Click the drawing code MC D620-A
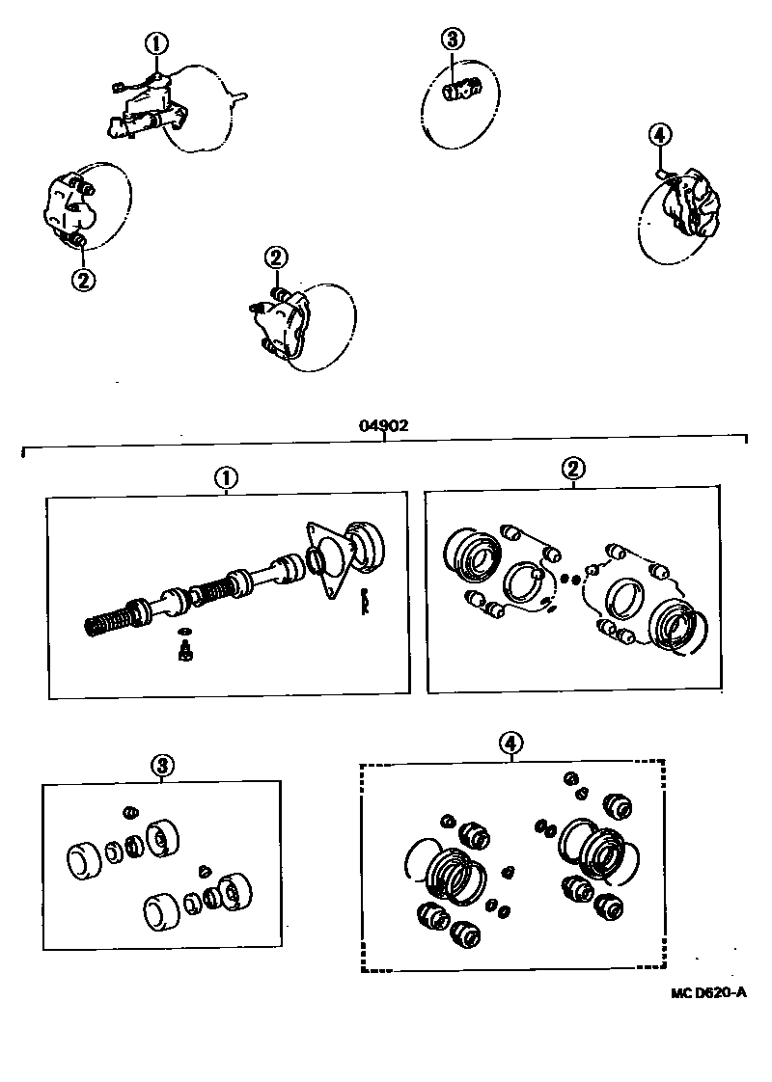coord(709,991)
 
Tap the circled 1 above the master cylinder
coord(156,43)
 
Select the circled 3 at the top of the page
coord(454,39)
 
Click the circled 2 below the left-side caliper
coord(83,280)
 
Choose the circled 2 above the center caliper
coord(276,257)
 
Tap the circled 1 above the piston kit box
coord(226,477)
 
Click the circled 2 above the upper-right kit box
coord(572,470)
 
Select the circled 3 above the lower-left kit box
coord(162,766)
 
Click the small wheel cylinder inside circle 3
coord(459,91)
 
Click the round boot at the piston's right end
coord(366,545)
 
